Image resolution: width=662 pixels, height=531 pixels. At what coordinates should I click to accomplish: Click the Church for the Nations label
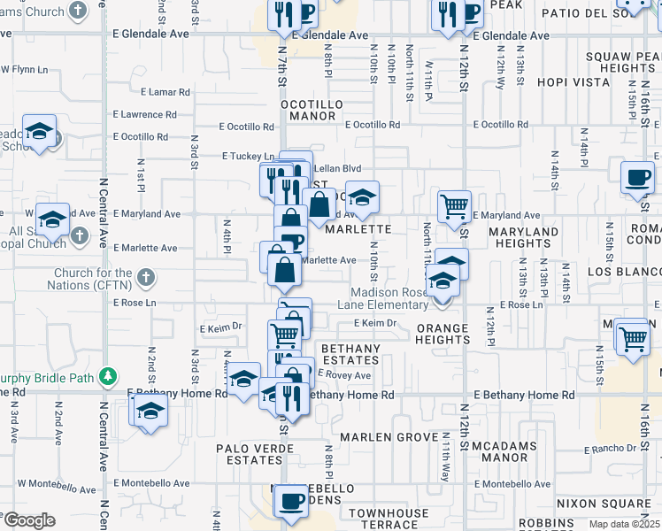point(92,280)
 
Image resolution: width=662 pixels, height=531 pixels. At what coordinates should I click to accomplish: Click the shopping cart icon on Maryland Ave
point(454,206)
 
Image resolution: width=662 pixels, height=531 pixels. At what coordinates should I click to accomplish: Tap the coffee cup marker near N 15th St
point(636,177)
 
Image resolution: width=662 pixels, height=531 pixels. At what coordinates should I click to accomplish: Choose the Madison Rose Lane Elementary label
point(389,298)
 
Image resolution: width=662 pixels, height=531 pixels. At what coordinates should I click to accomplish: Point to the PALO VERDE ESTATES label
point(250,454)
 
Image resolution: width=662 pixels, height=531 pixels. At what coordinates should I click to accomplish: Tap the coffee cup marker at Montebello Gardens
point(289,501)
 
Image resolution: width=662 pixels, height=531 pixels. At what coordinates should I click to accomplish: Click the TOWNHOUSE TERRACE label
point(389,519)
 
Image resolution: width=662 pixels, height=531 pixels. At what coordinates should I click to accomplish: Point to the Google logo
point(29,520)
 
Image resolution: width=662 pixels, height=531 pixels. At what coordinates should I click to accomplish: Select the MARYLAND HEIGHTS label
point(523,237)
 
